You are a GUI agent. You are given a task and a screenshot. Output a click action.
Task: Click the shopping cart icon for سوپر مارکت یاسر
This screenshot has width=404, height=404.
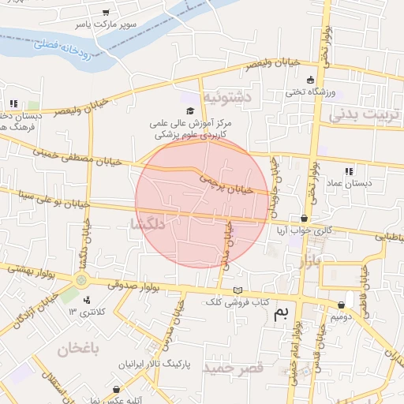click(107, 13)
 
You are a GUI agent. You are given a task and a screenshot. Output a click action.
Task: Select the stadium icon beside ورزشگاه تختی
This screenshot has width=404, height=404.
click(310, 80)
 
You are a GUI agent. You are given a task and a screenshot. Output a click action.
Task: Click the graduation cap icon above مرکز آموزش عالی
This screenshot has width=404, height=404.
click(190, 111)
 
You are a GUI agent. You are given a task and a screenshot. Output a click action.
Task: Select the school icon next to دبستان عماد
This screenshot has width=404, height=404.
click(348, 170)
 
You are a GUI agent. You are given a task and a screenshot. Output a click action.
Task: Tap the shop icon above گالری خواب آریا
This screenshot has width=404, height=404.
click(305, 219)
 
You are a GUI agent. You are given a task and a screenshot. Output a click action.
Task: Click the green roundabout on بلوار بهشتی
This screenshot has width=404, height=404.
click(80, 281)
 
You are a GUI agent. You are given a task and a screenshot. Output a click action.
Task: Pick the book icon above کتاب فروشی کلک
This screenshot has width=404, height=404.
click(238, 290)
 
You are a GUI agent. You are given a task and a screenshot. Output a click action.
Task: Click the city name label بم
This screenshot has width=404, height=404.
click(281, 312)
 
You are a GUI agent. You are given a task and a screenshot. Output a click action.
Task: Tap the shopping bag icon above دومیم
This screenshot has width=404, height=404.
click(342, 305)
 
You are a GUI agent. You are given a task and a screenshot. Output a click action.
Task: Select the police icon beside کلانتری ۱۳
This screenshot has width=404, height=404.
click(86, 299)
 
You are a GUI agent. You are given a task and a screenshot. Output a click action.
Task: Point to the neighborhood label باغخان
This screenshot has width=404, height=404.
click(77, 347)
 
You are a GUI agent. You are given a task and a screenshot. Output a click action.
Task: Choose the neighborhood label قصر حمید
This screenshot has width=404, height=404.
click(232, 368)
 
